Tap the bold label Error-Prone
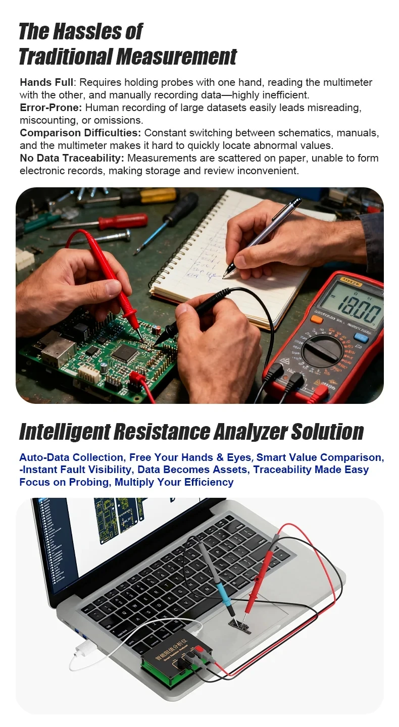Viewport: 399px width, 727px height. coord(51,108)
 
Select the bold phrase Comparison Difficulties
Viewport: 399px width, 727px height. coord(80,133)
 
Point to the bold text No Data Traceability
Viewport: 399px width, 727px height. coord(72,158)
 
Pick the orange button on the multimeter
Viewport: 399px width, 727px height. coord(317,319)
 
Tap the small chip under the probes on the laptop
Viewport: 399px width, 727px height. coord(239,626)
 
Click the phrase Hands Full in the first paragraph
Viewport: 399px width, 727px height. coord(46,82)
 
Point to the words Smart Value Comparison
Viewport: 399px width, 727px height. coord(319,457)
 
